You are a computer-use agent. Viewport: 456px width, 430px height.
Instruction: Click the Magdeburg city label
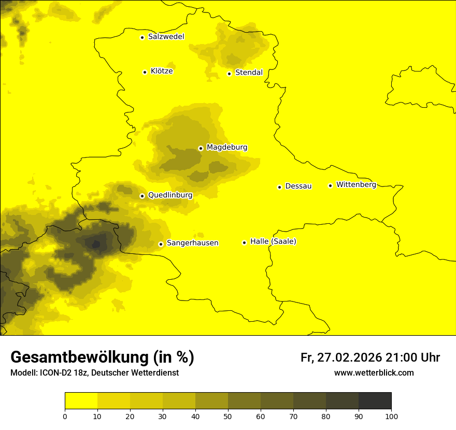click(227, 148)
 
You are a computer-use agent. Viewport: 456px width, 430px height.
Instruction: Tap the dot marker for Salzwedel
click(142, 37)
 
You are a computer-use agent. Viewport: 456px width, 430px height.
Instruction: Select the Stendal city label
click(249, 73)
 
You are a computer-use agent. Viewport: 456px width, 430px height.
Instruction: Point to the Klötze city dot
click(145, 72)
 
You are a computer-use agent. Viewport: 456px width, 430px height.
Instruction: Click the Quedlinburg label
click(170, 195)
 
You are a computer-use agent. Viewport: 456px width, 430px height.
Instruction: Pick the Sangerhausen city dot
click(161, 244)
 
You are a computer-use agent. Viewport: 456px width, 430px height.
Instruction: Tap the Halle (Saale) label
click(273, 241)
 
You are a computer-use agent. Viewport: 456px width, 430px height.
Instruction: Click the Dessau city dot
click(279, 187)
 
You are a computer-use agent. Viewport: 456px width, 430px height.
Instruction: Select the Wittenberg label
click(356, 184)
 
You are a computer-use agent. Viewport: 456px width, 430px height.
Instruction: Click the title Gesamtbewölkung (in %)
click(102, 357)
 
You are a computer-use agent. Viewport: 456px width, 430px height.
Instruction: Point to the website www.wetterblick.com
click(374, 373)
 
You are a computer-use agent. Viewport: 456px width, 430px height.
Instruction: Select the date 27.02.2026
click(350, 357)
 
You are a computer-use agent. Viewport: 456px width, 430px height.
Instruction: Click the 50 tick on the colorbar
click(228, 415)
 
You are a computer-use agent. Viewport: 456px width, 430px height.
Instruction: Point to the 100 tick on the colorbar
click(391, 415)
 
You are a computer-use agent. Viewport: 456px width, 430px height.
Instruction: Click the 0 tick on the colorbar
click(65, 415)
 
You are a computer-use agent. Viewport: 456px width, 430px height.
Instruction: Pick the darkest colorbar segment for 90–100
click(375, 401)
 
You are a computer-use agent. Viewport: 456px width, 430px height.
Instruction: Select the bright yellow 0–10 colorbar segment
click(81, 401)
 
